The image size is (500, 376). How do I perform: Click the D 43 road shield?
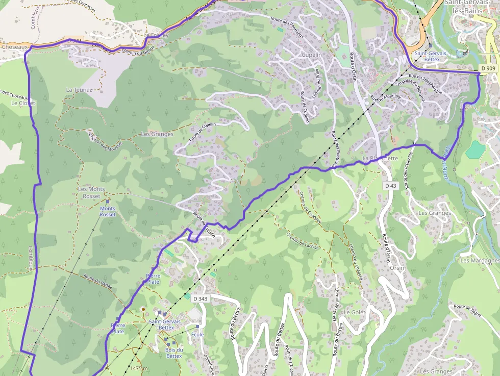pyautogui.click(x=390, y=186)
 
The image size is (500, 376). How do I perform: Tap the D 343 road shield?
pyautogui.click(x=199, y=298)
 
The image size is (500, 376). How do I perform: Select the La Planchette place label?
pyautogui.click(x=380, y=158)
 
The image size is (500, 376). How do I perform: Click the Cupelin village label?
pyautogui.click(x=312, y=55)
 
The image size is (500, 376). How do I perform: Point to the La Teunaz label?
pyautogui.click(x=79, y=89)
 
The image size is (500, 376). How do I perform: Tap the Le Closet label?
pyautogui.click(x=23, y=103)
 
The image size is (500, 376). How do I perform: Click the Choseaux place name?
pyautogui.click(x=14, y=46)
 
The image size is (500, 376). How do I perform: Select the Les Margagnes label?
pyautogui.click(x=480, y=260)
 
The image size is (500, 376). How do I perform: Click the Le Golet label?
pyautogui.click(x=355, y=312)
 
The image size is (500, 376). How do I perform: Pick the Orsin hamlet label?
pyautogui.click(x=396, y=268)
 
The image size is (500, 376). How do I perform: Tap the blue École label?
pyautogui.click(x=197, y=335)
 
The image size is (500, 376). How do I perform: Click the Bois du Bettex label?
pyautogui.click(x=173, y=353)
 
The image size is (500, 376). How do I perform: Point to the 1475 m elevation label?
pyautogui.click(x=139, y=368)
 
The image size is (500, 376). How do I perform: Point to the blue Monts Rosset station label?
pyautogui.click(x=108, y=211)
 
